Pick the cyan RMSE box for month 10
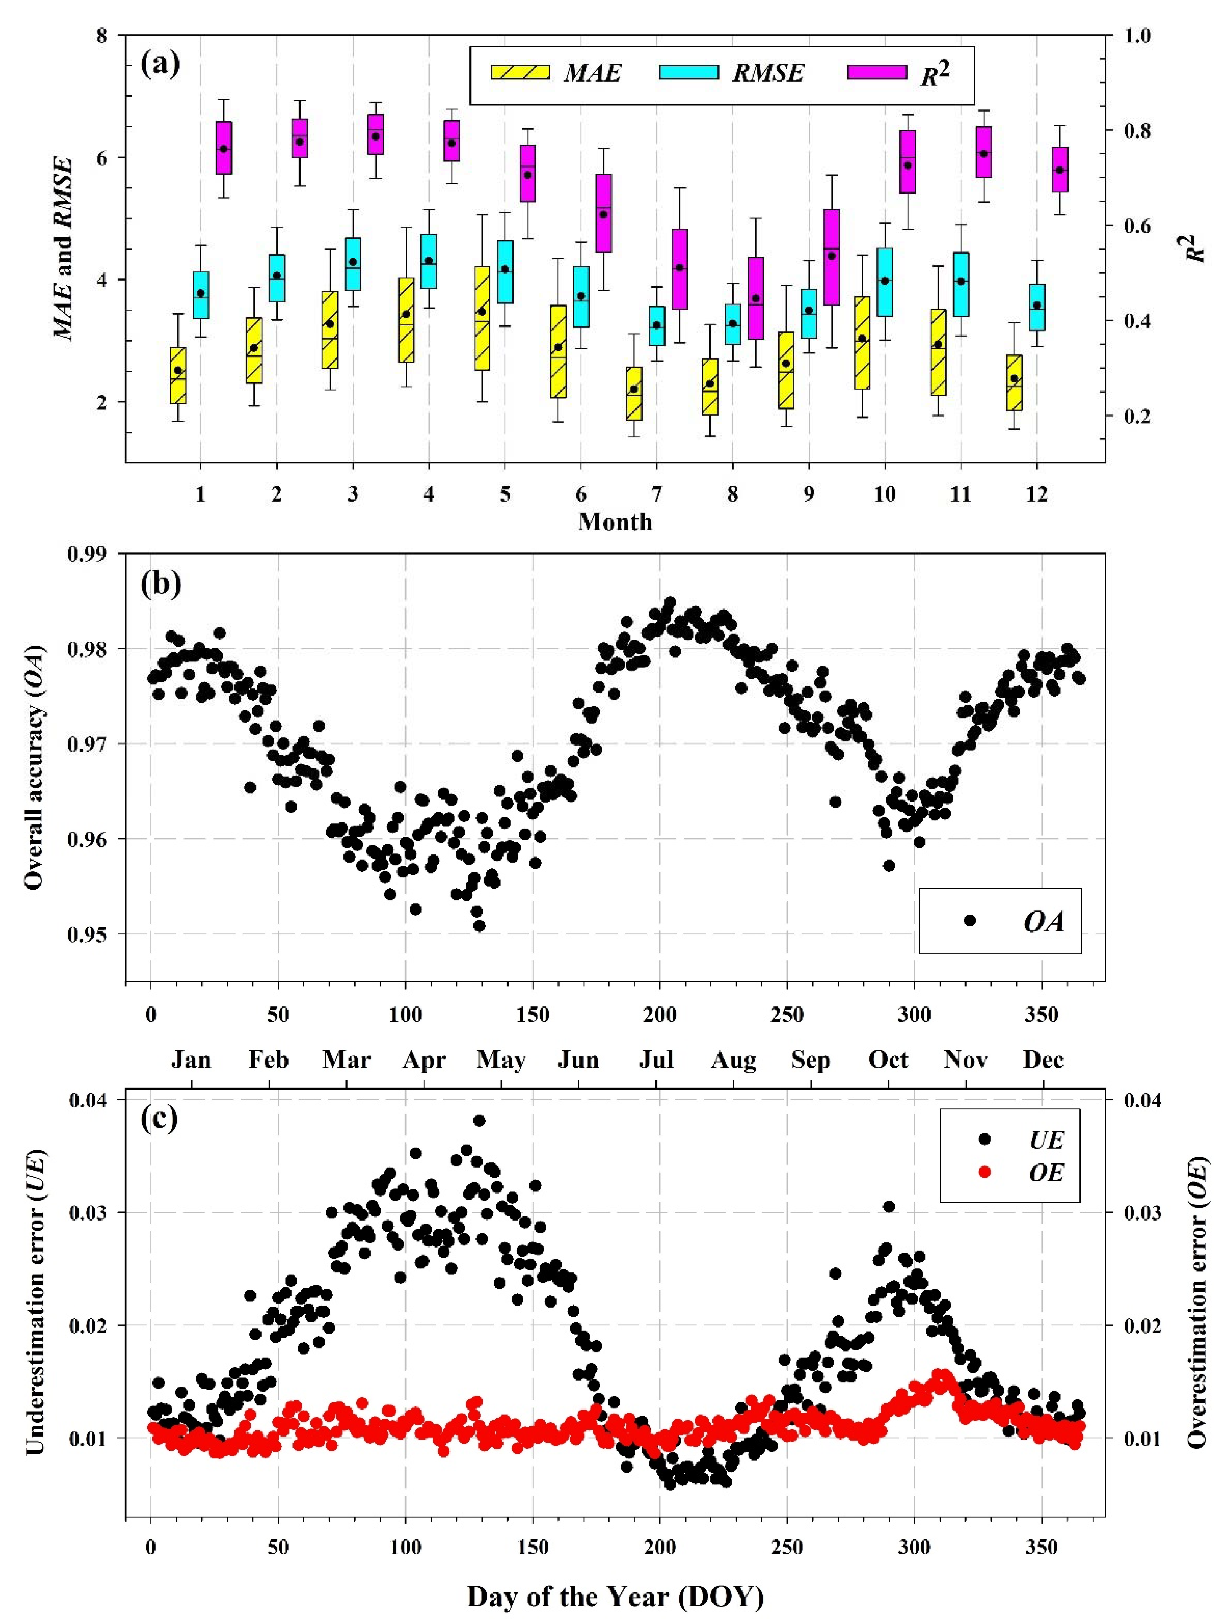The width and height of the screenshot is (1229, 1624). click(x=884, y=282)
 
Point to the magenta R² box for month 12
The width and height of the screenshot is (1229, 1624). click(x=1059, y=170)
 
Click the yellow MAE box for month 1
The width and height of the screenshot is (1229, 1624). click(x=178, y=375)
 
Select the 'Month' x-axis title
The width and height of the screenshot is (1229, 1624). click(x=615, y=522)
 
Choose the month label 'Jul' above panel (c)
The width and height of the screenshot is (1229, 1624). click(x=656, y=1059)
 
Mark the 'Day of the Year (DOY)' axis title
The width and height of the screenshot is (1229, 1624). click(x=615, y=1597)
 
